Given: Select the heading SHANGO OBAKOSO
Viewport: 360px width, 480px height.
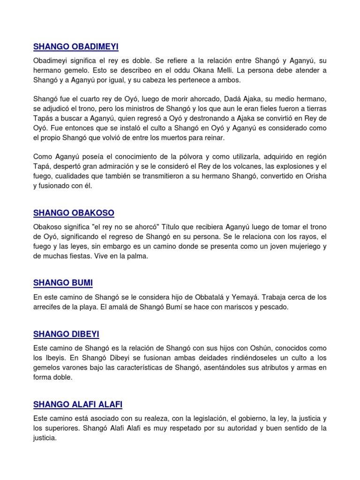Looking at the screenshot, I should pos(74,213).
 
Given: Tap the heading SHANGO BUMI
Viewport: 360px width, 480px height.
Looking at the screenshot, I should pos(63,283).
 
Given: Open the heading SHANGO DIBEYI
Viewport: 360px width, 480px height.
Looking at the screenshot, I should pos(66,334).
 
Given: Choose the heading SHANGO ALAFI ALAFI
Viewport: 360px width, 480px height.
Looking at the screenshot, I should pos(78,404).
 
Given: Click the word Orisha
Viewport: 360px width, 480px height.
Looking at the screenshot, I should pos(313,175).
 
